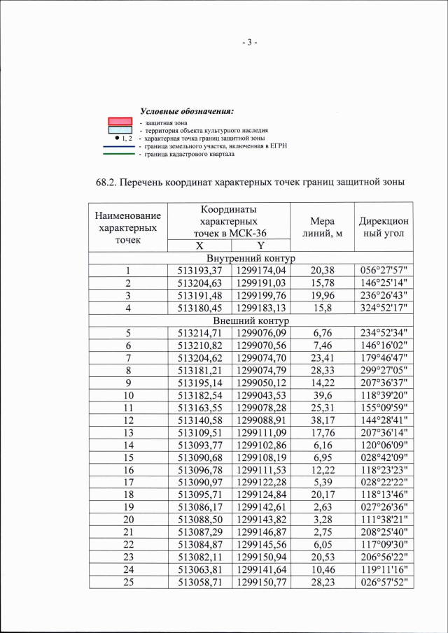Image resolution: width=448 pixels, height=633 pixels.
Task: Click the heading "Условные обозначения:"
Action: tap(186, 111)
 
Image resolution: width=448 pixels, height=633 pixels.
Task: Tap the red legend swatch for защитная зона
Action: tap(120, 122)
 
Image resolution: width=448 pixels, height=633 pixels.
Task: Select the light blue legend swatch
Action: tap(120, 130)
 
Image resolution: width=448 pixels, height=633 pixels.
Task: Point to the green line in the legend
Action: tap(120, 155)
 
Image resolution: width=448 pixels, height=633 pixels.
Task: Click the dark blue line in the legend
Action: tap(120, 147)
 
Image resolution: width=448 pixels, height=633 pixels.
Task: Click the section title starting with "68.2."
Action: tap(250, 183)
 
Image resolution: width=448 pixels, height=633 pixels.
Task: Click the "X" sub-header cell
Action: tap(199, 246)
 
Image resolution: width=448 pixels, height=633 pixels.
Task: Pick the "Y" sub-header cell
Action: tap(260, 246)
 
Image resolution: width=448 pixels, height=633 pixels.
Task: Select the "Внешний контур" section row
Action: tap(251, 320)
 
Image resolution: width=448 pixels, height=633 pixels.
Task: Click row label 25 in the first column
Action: tap(128, 581)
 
